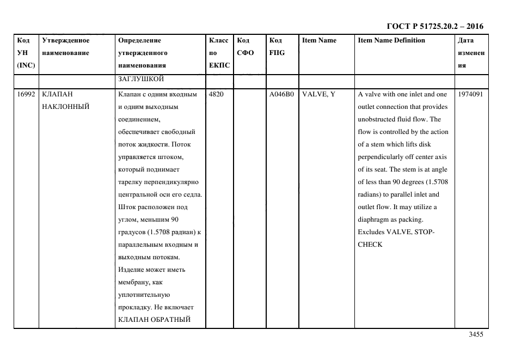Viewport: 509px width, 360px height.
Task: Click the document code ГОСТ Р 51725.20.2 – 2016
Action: pos(434,26)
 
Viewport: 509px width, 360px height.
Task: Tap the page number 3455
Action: pos(476,334)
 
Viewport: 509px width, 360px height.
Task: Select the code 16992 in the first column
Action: pos(26,94)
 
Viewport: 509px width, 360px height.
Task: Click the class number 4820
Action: pos(216,94)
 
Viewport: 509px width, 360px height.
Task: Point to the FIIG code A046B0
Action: pos(281,94)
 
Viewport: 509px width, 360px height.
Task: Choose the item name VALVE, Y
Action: pos(318,94)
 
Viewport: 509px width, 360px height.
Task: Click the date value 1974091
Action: pos(470,94)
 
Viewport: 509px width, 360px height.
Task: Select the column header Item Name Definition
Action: pos(391,40)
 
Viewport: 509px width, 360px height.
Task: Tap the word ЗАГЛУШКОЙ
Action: pos(141,79)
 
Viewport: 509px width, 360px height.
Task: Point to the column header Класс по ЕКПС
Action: pos(219,53)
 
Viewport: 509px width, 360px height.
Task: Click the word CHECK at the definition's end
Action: pos(370,245)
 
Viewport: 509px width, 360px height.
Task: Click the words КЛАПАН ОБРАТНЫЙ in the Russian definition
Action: pos(154,320)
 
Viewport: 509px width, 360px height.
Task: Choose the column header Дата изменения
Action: pos(471,53)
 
